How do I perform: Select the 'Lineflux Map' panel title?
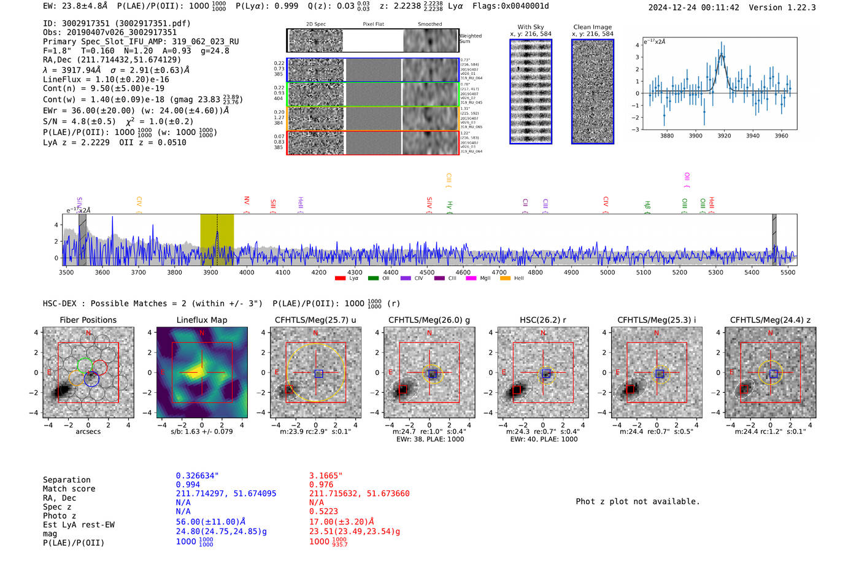pos(202,320)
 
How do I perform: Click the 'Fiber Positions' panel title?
pos(88,320)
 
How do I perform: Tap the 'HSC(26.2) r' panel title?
pos(543,320)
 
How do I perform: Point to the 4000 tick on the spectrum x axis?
pos(247,273)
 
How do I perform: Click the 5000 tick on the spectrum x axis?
pos(607,273)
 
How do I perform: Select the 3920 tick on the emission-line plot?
pos(724,136)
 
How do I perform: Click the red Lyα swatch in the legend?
pos(341,279)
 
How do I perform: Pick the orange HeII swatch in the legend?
pos(506,279)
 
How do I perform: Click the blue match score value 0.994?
pos(188,485)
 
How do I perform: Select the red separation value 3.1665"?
pos(326,476)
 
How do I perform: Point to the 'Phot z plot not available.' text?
pos(638,502)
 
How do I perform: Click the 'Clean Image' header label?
pos(592,27)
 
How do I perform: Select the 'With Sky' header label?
pos(531,27)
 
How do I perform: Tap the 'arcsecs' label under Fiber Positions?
pos(88,432)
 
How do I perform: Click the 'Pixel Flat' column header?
pos(373,24)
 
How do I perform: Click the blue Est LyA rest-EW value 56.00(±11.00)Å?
pos(210,522)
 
